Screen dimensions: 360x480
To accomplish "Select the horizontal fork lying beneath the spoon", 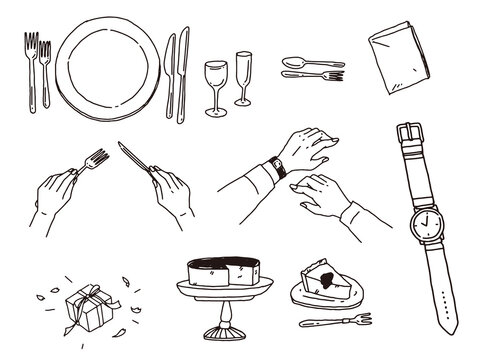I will pyautogui.click(x=312, y=75).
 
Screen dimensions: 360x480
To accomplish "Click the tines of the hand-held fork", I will pyautogui.click(x=98, y=157).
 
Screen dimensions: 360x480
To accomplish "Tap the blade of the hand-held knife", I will pyautogui.click(x=133, y=157).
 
